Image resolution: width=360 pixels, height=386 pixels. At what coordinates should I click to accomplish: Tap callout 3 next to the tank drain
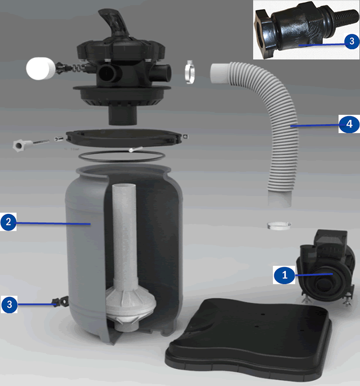[x=9, y=304]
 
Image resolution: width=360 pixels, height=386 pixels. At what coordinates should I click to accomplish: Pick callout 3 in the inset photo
[x=351, y=41]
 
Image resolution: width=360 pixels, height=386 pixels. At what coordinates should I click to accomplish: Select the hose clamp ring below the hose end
[x=280, y=226]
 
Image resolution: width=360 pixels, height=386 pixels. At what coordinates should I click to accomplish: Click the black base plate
[x=251, y=339]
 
